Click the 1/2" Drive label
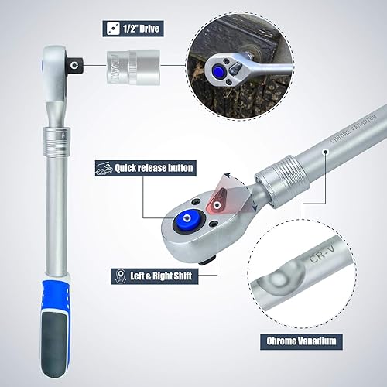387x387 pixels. [x=133, y=29]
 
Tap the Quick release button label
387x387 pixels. [x=146, y=168]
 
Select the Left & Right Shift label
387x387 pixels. [x=155, y=276]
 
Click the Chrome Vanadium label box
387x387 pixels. [x=301, y=341]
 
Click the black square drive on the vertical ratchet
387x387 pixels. [x=75, y=65]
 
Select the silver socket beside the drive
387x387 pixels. [x=133, y=67]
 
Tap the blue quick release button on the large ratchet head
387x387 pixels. [x=187, y=219]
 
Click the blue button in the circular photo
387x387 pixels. [x=218, y=70]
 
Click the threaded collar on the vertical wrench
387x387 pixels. [x=57, y=142]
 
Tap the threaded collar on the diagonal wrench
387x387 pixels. [x=282, y=181]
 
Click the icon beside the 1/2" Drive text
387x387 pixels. [x=113, y=29]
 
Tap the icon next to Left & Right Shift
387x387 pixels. [x=119, y=276]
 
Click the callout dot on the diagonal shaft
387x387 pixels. [x=326, y=152]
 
